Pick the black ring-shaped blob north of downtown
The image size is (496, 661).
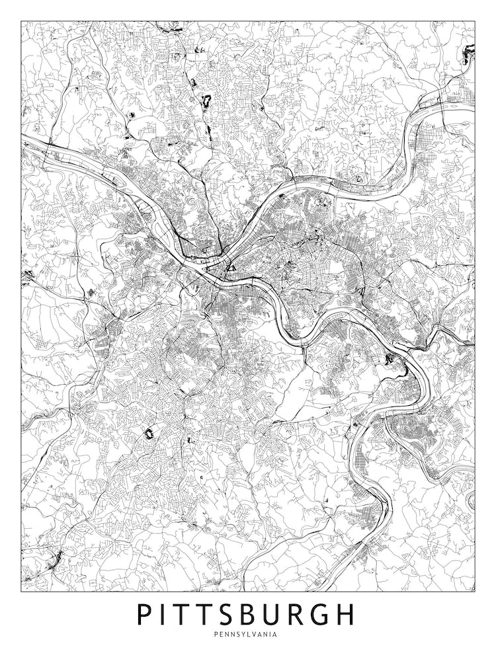click(204, 101)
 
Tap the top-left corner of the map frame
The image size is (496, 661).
click(21, 21)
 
